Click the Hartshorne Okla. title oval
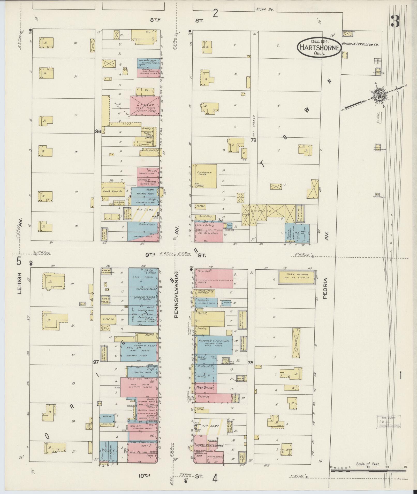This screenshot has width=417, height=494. tap(319, 47)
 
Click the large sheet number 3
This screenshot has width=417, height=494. tap(395, 21)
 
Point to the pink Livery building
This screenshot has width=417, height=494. tap(144, 105)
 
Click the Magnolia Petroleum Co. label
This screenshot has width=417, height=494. tap(360, 44)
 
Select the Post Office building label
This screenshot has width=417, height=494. tap(205, 395)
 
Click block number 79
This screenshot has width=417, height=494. tap(253, 140)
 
